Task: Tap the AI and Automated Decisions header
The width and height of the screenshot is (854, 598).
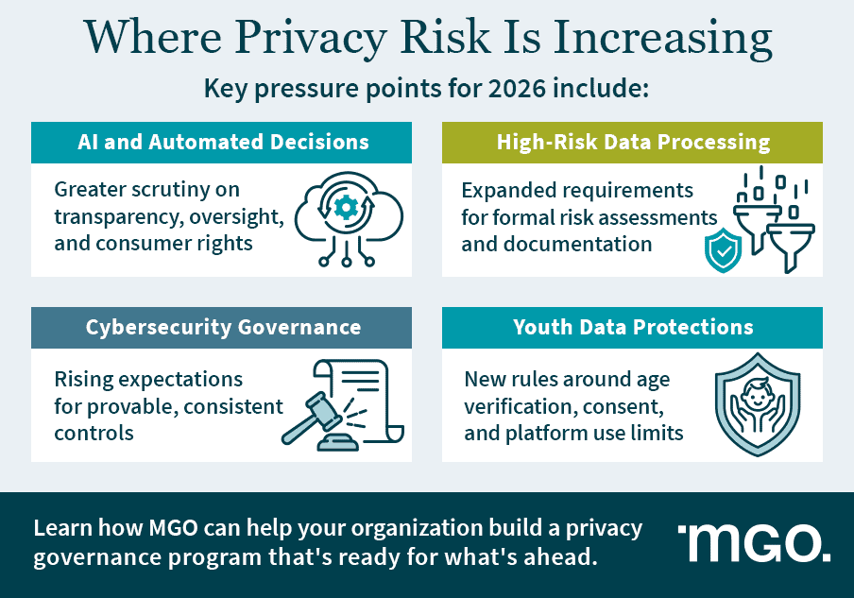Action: click(222, 143)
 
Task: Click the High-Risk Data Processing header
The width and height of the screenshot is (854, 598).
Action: click(633, 143)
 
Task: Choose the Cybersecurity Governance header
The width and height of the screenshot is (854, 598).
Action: click(222, 328)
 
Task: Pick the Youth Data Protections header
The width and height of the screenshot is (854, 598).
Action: click(633, 328)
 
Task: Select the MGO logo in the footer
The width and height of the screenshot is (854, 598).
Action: click(754, 542)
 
